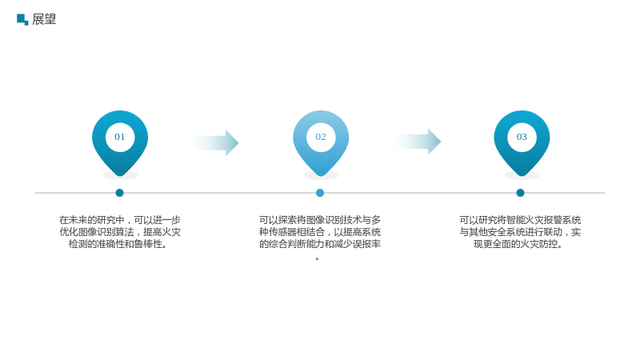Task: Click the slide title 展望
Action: pyautogui.click(x=44, y=19)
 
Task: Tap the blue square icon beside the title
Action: pyautogui.click(x=22, y=19)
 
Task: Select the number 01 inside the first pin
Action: pyautogui.click(x=119, y=137)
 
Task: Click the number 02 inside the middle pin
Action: pyautogui.click(x=321, y=137)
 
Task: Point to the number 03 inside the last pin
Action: pyautogui.click(x=522, y=137)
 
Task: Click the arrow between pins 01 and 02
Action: pyautogui.click(x=214, y=143)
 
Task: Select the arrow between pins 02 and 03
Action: pyautogui.click(x=417, y=142)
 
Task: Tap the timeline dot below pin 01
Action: pyautogui.click(x=119, y=193)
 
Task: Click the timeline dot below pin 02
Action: pyautogui.click(x=320, y=193)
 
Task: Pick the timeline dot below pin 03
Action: pyautogui.click(x=520, y=193)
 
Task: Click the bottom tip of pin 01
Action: pyautogui.click(x=120, y=176)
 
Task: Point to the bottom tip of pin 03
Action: pyautogui.click(x=522, y=176)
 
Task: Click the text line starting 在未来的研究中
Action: pyautogui.click(x=120, y=220)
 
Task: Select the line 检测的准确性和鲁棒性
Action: pyautogui.click(x=118, y=244)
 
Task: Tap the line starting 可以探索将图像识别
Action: pyautogui.click(x=320, y=220)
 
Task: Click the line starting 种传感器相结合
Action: pyautogui.click(x=320, y=232)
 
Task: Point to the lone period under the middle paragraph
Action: pyautogui.click(x=317, y=258)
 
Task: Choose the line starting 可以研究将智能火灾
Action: pyautogui.click(x=520, y=220)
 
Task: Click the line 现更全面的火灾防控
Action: pyautogui.click(x=518, y=244)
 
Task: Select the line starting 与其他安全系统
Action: pyautogui.click(x=520, y=232)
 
